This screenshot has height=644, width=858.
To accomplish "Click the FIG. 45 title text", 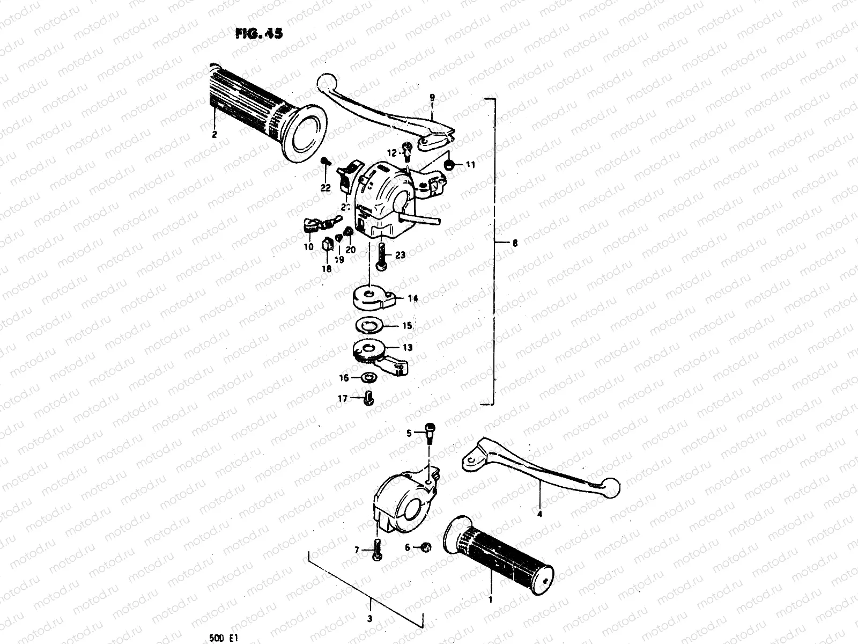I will (258, 33).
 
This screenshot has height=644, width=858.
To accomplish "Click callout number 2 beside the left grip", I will (214, 135).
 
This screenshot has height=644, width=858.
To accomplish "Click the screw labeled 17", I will (368, 399).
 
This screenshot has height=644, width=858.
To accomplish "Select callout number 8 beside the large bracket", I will (515, 243).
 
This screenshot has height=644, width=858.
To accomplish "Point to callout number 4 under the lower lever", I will (539, 514).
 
